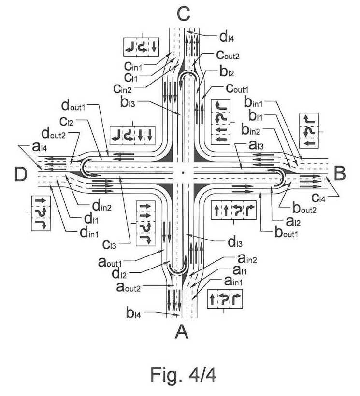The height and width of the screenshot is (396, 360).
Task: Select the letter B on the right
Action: [339, 173]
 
